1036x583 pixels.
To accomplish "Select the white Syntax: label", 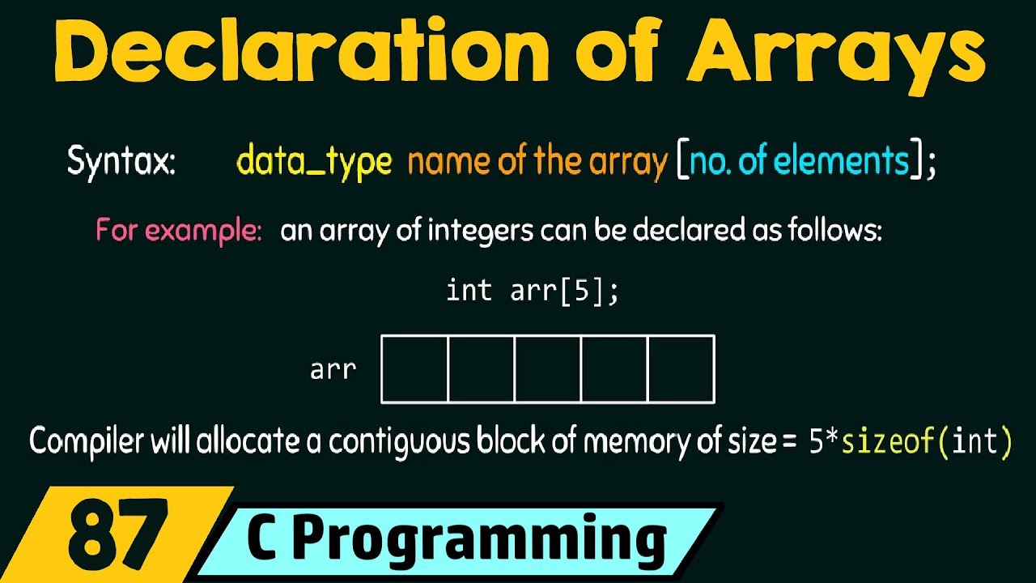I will pos(121,162).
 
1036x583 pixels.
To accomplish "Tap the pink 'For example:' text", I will pos(179,232).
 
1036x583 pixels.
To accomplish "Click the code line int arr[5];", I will pos(533,291).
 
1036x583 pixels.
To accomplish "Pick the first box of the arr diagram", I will pos(414,369).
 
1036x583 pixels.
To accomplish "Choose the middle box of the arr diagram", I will pos(548,369).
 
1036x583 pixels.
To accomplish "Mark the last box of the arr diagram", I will pos(681,369).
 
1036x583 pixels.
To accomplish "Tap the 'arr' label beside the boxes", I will pos(333,370).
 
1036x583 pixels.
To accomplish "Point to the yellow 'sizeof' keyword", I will pos(889,443).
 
